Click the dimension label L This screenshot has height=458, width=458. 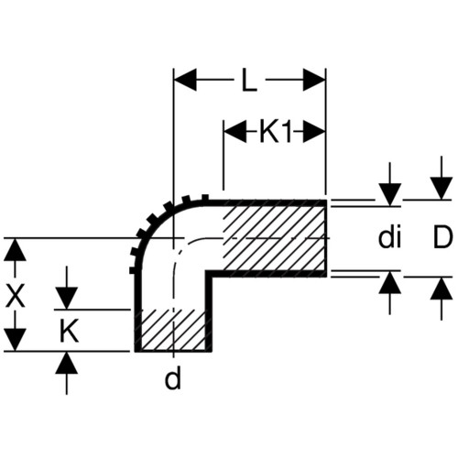[249, 81]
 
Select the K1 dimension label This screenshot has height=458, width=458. [275, 133]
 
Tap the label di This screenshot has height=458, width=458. [389, 238]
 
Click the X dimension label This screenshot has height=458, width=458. [16, 297]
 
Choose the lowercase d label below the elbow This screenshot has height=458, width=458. [173, 378]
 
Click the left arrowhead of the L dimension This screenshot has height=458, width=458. [185, 80]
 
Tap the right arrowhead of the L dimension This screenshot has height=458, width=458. [314, 80]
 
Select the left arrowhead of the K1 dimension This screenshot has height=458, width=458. [234, 132]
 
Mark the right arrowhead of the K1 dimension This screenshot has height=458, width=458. [314, 132]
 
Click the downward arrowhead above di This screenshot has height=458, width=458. [390, 194]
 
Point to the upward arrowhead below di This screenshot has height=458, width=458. [390, 282]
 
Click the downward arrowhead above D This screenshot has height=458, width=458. [442, 189]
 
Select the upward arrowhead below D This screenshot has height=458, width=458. [442, 289]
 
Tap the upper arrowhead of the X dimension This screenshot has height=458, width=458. [15, 249]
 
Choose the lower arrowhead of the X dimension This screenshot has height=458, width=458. [15, 340]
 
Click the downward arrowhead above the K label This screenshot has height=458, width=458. [67, 298]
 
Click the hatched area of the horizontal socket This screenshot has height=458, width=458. [274, 239]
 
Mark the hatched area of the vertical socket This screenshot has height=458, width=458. [173, 330]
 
